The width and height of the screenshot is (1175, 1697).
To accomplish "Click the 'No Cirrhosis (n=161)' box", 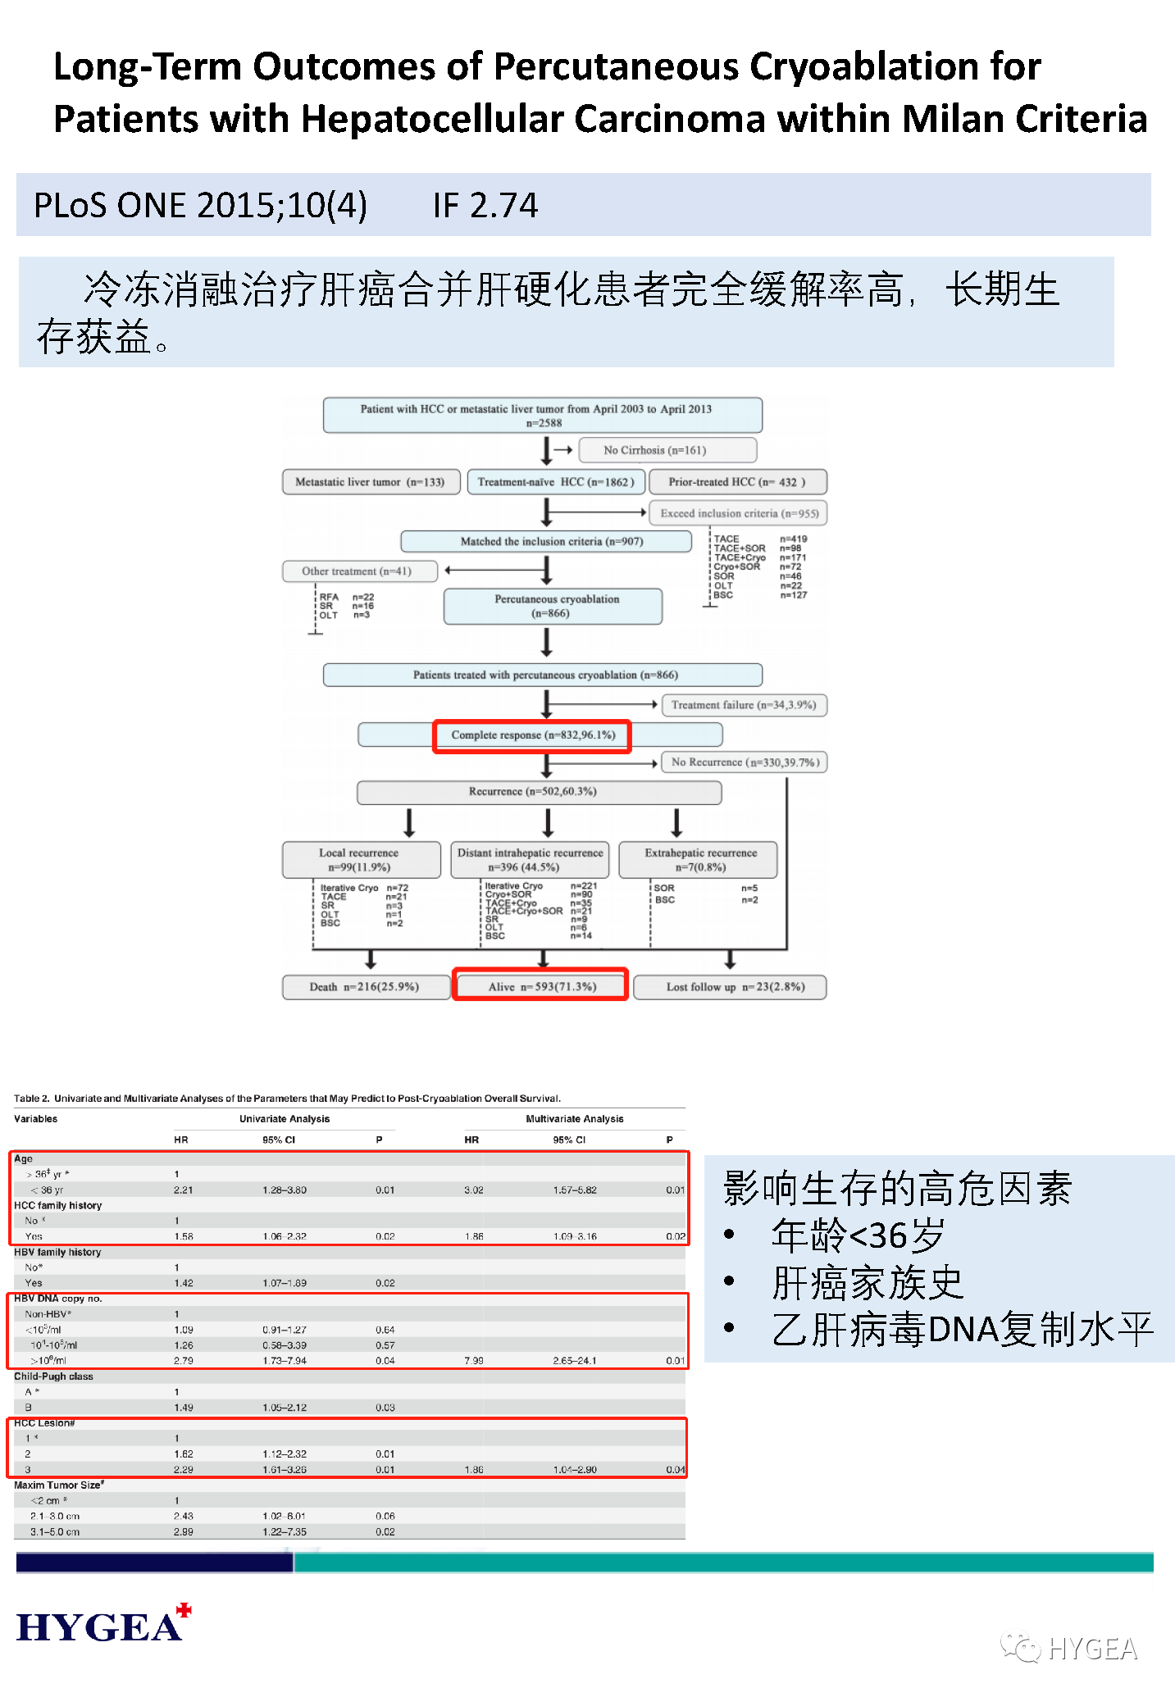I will click(667, 450).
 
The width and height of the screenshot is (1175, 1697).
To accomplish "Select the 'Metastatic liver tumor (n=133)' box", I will click(370, 482).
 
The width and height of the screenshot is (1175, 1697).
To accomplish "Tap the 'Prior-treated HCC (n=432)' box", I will click(738, 482).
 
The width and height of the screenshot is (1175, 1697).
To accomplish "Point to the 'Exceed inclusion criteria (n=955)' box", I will click(739, 513).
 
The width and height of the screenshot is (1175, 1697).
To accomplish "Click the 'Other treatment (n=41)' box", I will click(359, 571).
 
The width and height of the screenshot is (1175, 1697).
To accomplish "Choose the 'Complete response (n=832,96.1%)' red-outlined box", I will click(532, 735).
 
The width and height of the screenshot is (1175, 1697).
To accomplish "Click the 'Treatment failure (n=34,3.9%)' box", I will click(744, 705).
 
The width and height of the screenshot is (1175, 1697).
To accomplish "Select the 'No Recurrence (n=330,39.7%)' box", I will click(745, 762).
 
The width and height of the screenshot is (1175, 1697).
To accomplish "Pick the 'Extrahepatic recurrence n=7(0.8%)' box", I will click(699, 860).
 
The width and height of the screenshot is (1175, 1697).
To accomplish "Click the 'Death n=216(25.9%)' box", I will click(364, 987).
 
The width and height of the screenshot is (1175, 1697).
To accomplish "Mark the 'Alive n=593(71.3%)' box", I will click(541, 986).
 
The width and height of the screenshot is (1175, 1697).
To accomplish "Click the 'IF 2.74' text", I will click(485, 205).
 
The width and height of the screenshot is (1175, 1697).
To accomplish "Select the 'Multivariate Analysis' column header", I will click(574, 1119).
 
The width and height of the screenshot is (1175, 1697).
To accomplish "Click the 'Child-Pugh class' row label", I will click(53, 1376).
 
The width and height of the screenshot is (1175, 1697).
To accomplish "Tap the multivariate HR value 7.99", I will click(474, 1361).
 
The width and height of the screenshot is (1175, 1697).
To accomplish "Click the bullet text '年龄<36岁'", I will click(858, 1235).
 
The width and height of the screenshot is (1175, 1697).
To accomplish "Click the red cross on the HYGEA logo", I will click(184, 1610).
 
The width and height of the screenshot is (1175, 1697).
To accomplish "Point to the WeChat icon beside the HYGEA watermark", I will click(1020, 1647).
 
